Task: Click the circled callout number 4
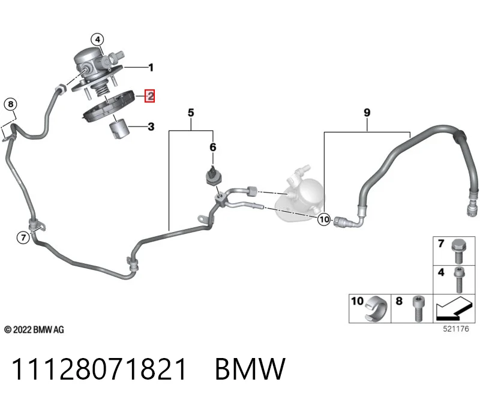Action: tap(97, 40)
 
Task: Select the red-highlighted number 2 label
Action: tap(149, 96)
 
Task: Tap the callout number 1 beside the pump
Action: tap(151, 67)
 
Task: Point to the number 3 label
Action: tap(151, 127)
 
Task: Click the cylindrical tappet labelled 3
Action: tap(119, 130)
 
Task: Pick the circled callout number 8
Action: tap(11, 104)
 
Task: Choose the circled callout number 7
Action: tap(23, 237)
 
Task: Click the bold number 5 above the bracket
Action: tap(191, 113)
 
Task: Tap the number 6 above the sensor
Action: tap(213, 147)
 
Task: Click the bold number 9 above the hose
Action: tap(367, 113)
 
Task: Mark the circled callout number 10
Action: tap(324, 219)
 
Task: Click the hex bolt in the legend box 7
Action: tap(458, 251)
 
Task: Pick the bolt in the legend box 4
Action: tap(458, 279)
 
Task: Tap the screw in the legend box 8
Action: tap(418, 308)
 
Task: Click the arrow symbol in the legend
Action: tap(454, 309)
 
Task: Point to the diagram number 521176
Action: tap(456, 329)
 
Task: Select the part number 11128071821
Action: tap(99, 369)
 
